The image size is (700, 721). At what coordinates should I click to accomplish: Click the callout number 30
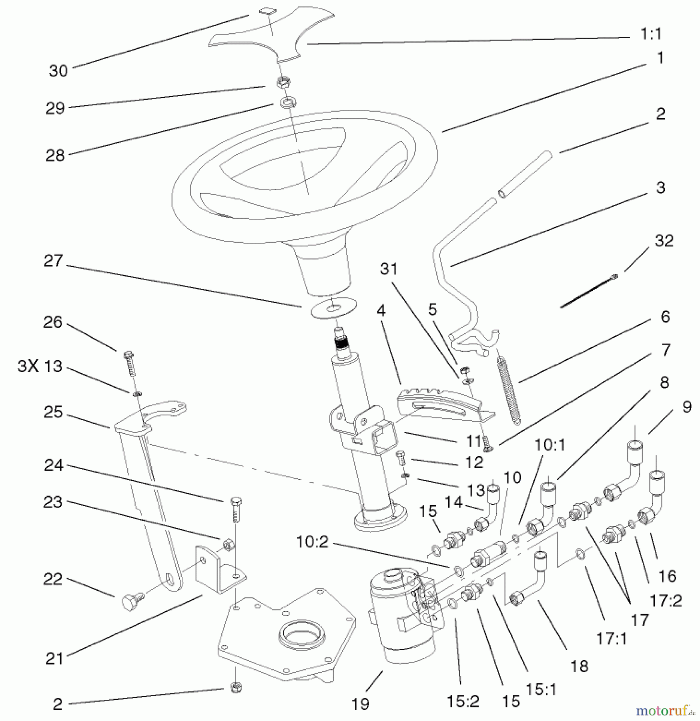point(58,71)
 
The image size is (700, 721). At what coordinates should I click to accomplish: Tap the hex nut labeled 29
point(283,82)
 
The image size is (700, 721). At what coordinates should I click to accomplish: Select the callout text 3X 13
point(40,367)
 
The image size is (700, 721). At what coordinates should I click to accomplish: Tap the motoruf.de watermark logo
point(664,711)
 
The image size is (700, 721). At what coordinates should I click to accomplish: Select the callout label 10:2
point(312,542)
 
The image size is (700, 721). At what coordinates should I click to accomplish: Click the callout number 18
point(579,666)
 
